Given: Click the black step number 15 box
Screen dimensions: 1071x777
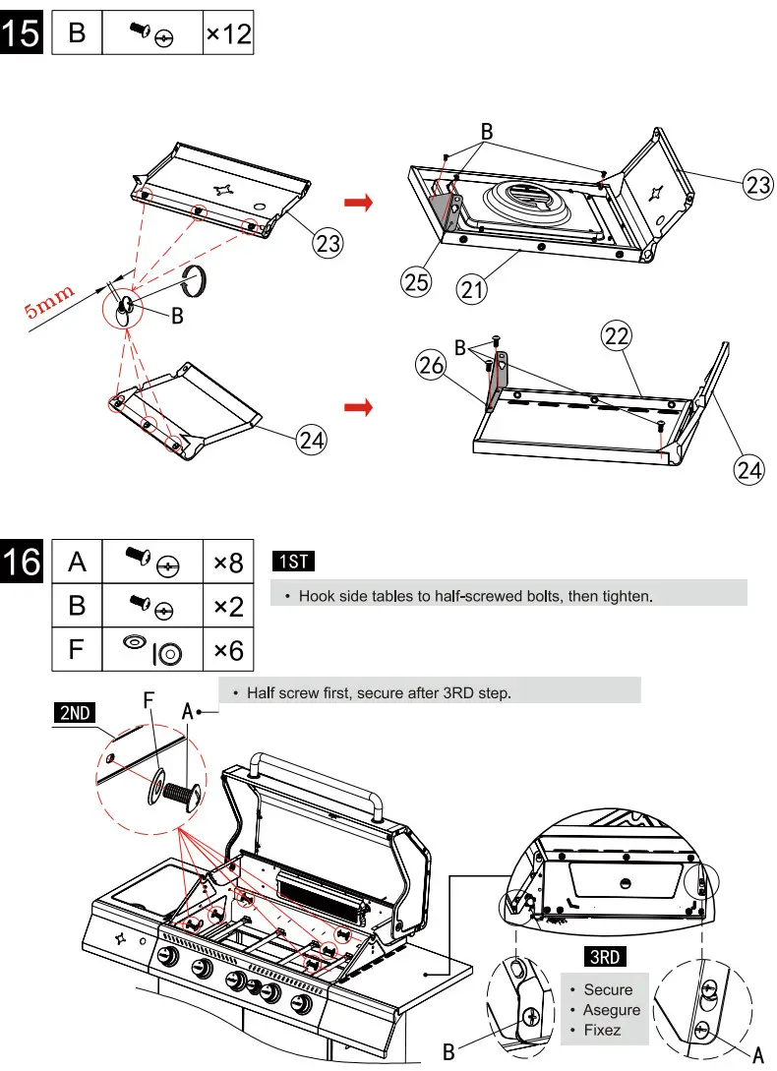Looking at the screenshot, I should click(22, 32).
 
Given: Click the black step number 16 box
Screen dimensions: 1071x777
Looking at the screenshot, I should click(22, 563).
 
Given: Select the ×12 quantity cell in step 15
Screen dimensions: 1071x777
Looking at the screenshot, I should click(228, 34).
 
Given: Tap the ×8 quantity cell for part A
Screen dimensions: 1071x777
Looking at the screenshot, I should click(228, 564).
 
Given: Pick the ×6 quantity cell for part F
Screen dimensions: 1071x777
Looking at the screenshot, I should click(228, 648).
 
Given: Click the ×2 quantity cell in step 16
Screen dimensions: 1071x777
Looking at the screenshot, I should click(228, 606).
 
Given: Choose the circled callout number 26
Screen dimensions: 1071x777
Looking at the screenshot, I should click(431, 367).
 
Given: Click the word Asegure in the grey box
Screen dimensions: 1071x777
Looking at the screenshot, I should click(611, 1010).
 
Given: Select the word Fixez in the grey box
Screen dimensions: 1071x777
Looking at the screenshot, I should click(602, 1030).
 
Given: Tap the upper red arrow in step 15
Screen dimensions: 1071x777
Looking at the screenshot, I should click(359, 203).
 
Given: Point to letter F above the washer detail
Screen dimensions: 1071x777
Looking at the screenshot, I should click(149, 701).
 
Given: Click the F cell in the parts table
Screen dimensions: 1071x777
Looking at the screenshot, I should click(77, 648).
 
